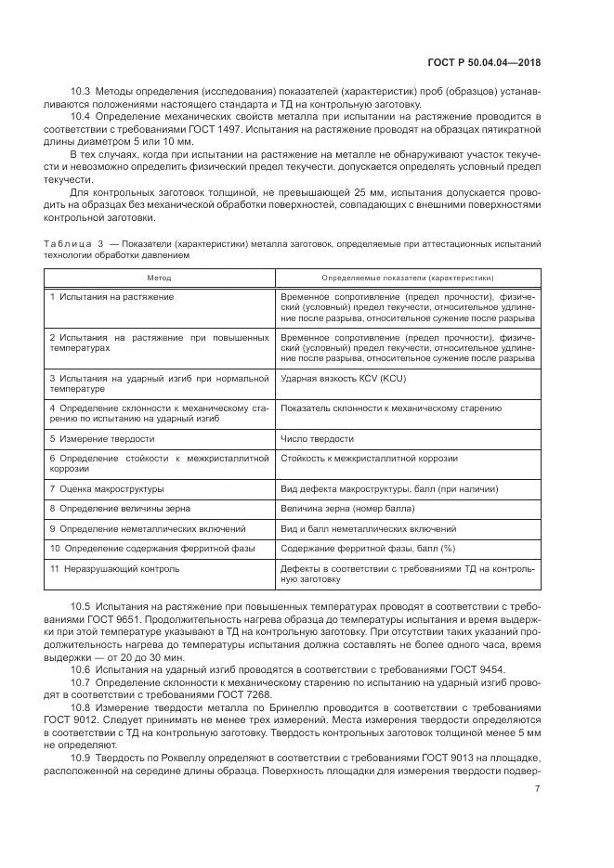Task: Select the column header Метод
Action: coord(159,278)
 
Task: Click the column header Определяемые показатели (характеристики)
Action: coord(407,278)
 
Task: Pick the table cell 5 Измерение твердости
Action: coord(102,438)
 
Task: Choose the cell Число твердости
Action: coord(317,438)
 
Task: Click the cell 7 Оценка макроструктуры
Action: coord(107,488)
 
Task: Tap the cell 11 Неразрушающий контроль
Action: coord(114,568)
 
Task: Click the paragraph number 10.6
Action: coord(81,669)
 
